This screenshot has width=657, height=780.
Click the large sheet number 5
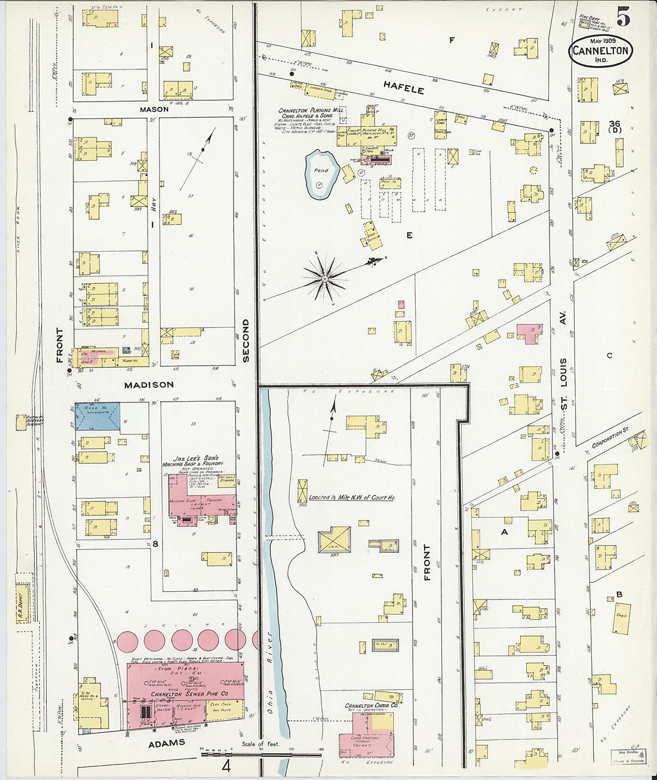[x=622, y=19]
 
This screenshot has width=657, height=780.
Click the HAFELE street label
[x=404, y=88]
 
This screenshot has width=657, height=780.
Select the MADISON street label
[x=149, y=385]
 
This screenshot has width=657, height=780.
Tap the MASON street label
[x=154, y=110]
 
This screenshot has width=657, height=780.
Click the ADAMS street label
[x=167, y=743]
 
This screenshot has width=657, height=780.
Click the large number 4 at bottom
[x=226, y=766]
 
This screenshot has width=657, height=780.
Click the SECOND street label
[x=245, y=341]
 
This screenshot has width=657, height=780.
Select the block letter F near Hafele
[x=452, y=41]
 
